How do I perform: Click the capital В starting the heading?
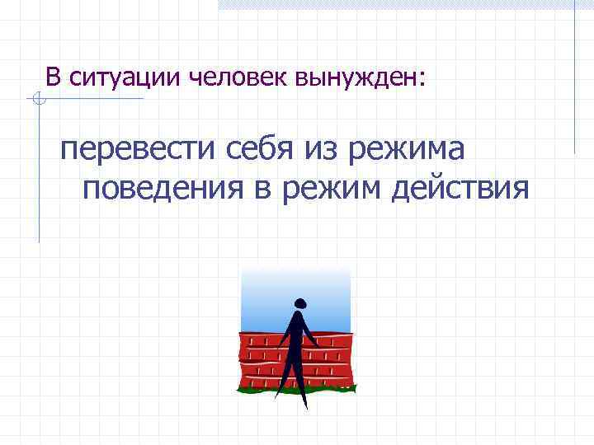tap(54, 78)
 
